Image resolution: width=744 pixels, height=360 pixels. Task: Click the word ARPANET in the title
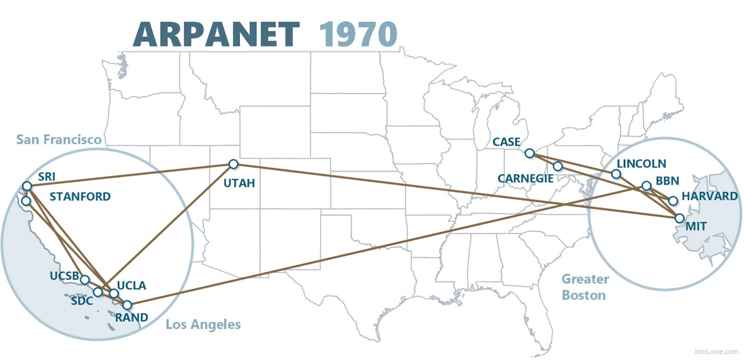coord(216,34)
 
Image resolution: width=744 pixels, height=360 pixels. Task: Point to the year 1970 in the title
coord(358,34)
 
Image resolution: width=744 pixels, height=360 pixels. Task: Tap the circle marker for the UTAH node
coord(233,164)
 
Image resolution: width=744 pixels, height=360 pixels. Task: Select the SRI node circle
coord(27,186)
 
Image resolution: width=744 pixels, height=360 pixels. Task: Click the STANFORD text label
coord(80,197)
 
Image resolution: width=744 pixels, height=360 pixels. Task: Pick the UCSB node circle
coord(85,280)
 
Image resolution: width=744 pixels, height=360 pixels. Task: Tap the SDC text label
coord(82,301)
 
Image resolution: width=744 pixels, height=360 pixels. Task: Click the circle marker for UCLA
coord(114,293)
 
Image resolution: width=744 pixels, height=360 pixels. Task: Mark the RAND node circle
coord(127,305)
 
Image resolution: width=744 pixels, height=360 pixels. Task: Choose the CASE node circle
coord(530,153)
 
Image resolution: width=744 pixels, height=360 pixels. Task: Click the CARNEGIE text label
coord(525,179)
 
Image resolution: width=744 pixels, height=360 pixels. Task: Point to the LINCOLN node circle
coord(616,174)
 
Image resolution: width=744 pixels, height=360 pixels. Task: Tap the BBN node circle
coord(646,186)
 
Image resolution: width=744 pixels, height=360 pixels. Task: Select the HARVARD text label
coord(710,196)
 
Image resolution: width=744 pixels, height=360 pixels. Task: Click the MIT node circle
coord(680,218)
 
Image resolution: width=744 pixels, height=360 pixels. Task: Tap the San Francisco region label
coord(59,140)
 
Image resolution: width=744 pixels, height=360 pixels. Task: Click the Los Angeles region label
coord(203,325)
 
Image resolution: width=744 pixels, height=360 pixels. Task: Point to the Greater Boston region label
coord(585,287)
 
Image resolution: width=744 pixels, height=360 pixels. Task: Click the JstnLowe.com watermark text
coord(716,352)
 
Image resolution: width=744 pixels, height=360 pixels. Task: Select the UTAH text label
coord(239,183)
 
